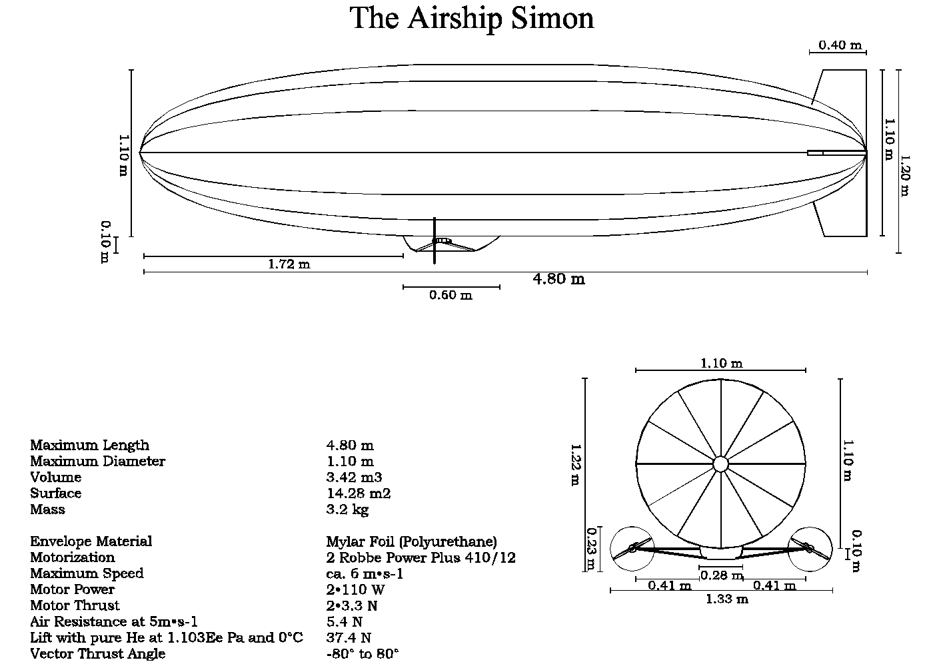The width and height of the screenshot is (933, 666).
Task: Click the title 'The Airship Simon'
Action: tap(472, 18)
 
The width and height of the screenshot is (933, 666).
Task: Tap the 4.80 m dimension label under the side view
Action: tap(558, 279)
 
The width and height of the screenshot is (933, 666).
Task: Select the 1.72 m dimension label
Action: tap(289, 264)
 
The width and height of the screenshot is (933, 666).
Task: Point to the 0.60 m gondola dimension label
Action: tap(451, 295)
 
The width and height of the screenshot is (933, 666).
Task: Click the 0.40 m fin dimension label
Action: tap(840, 45)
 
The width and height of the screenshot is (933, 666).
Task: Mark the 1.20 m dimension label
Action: tap(904, 176)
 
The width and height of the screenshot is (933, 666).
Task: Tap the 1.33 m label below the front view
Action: tap(727, 599)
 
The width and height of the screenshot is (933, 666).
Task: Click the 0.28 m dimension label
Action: tap(722, 575)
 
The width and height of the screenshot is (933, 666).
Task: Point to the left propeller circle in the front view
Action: tap(632, 549)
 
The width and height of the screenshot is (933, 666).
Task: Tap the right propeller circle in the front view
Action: tap(810, 549)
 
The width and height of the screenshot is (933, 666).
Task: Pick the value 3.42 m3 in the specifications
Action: tap(354, 478)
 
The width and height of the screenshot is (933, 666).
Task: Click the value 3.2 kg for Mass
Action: tap(347, 509)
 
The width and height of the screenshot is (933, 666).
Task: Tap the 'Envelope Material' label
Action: tap(91, 541)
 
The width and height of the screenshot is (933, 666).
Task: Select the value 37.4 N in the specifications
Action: tap(349, 637)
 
